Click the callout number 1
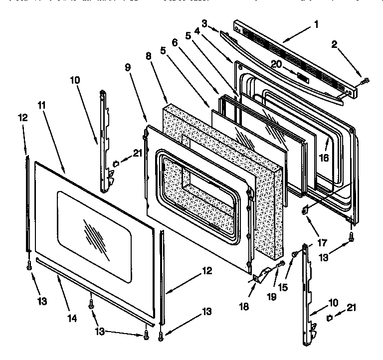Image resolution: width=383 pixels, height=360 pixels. click(317, 23)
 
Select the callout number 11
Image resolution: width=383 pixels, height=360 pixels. click(42, 105)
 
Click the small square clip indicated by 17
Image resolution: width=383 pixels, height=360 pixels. click(304, 211)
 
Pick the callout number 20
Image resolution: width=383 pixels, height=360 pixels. click(277, 63)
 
